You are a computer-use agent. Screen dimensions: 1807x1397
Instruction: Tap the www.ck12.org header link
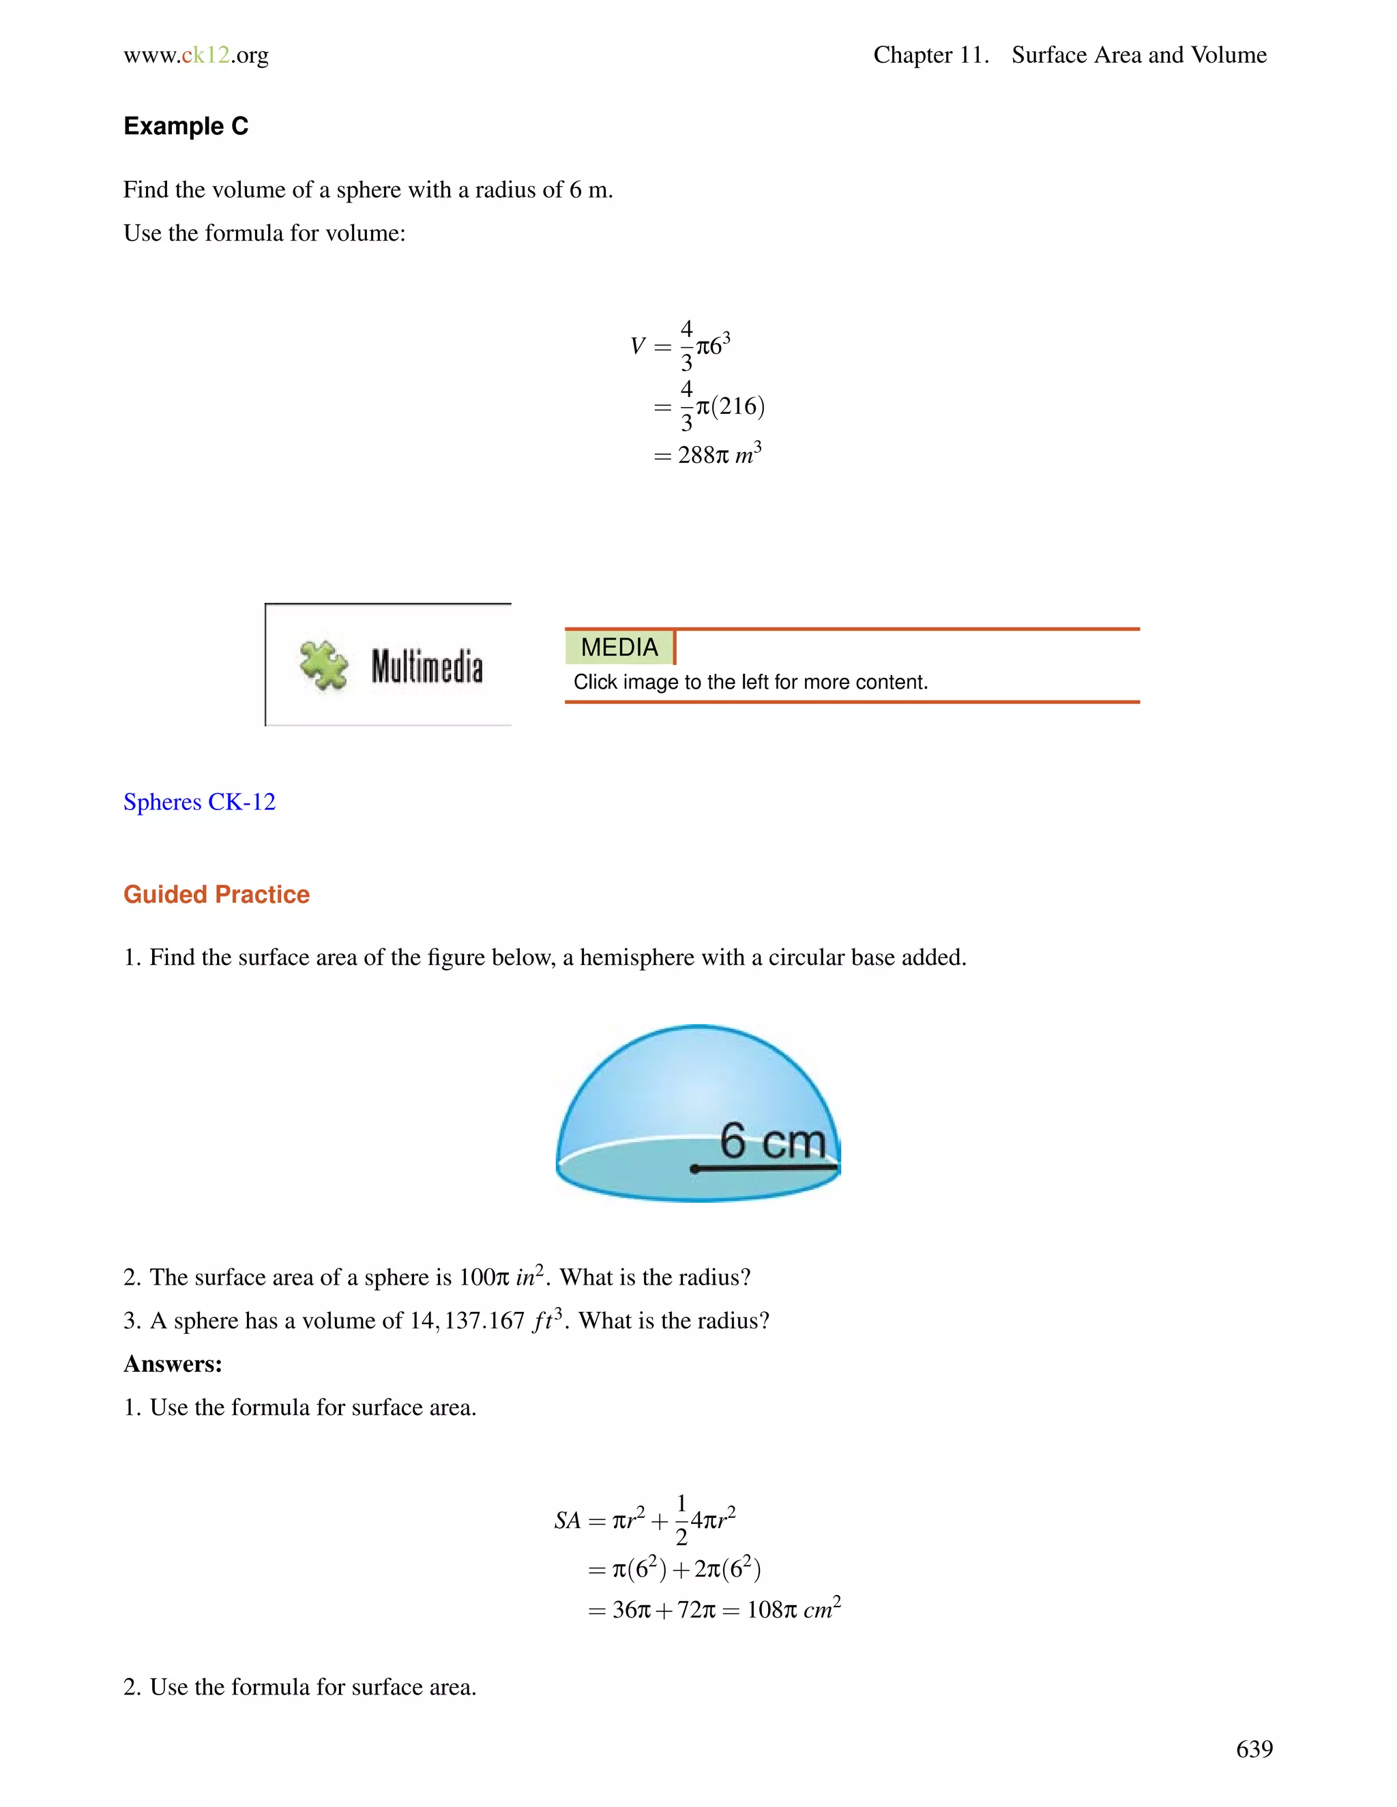(x=196, y=55)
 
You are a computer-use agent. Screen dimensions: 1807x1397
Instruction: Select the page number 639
(x=1254, y=1748)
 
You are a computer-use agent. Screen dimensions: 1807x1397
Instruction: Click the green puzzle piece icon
(x=323, y=666)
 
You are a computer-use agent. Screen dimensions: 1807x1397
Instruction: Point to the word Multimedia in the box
(x=426, y=667)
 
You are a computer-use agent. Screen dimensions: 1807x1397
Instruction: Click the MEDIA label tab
(x=619, y=647)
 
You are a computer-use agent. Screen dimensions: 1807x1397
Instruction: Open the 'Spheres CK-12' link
(x=198, y=802)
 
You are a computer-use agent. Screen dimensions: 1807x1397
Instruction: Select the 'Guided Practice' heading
(x=216, y=895)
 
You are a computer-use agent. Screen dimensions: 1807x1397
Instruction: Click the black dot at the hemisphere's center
(x=694, y=1169)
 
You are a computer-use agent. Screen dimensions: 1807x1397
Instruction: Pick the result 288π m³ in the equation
(x=718, y=454)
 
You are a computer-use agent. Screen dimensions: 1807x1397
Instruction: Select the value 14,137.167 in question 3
(x=467, y=1321)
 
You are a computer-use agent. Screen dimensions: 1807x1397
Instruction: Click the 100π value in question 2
(x=484, y=1277)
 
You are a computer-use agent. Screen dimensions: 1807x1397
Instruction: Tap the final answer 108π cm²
(x=793, y=1609)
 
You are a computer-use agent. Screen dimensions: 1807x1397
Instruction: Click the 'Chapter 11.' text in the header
(x=931, y=55)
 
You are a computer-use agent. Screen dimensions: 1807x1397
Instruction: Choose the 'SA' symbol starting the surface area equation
(x=568, y=1520)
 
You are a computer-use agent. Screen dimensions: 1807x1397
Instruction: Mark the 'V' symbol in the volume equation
(x=636, y=346)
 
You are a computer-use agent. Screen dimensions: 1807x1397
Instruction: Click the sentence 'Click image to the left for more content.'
(x=750, y=682)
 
